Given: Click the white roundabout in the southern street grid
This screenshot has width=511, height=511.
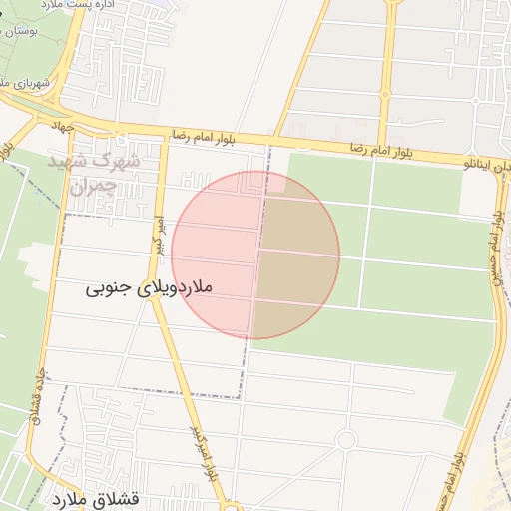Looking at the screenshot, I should pos(346,440).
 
